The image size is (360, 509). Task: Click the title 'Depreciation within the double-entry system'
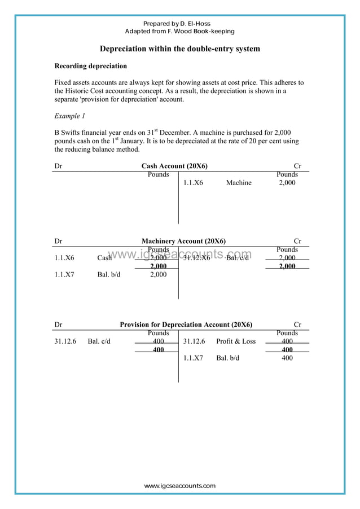180,49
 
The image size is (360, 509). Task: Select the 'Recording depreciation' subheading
90,66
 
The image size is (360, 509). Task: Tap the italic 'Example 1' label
69,116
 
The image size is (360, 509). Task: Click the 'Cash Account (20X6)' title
174,166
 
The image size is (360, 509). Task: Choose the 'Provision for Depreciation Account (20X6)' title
186,324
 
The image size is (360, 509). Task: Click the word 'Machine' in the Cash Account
239,183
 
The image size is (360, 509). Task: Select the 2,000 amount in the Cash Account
287,183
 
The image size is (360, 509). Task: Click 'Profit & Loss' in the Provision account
235,341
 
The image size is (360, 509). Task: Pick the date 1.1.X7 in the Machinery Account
64,275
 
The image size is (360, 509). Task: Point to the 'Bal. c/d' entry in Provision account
99,341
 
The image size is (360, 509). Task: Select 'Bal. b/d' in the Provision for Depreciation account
227,358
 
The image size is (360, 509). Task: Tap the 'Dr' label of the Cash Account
58,166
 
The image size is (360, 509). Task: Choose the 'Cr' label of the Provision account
297,324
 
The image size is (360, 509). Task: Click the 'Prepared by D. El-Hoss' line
179,24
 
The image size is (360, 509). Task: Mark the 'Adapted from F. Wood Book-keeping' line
179,32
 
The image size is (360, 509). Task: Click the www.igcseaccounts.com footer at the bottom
179,486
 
